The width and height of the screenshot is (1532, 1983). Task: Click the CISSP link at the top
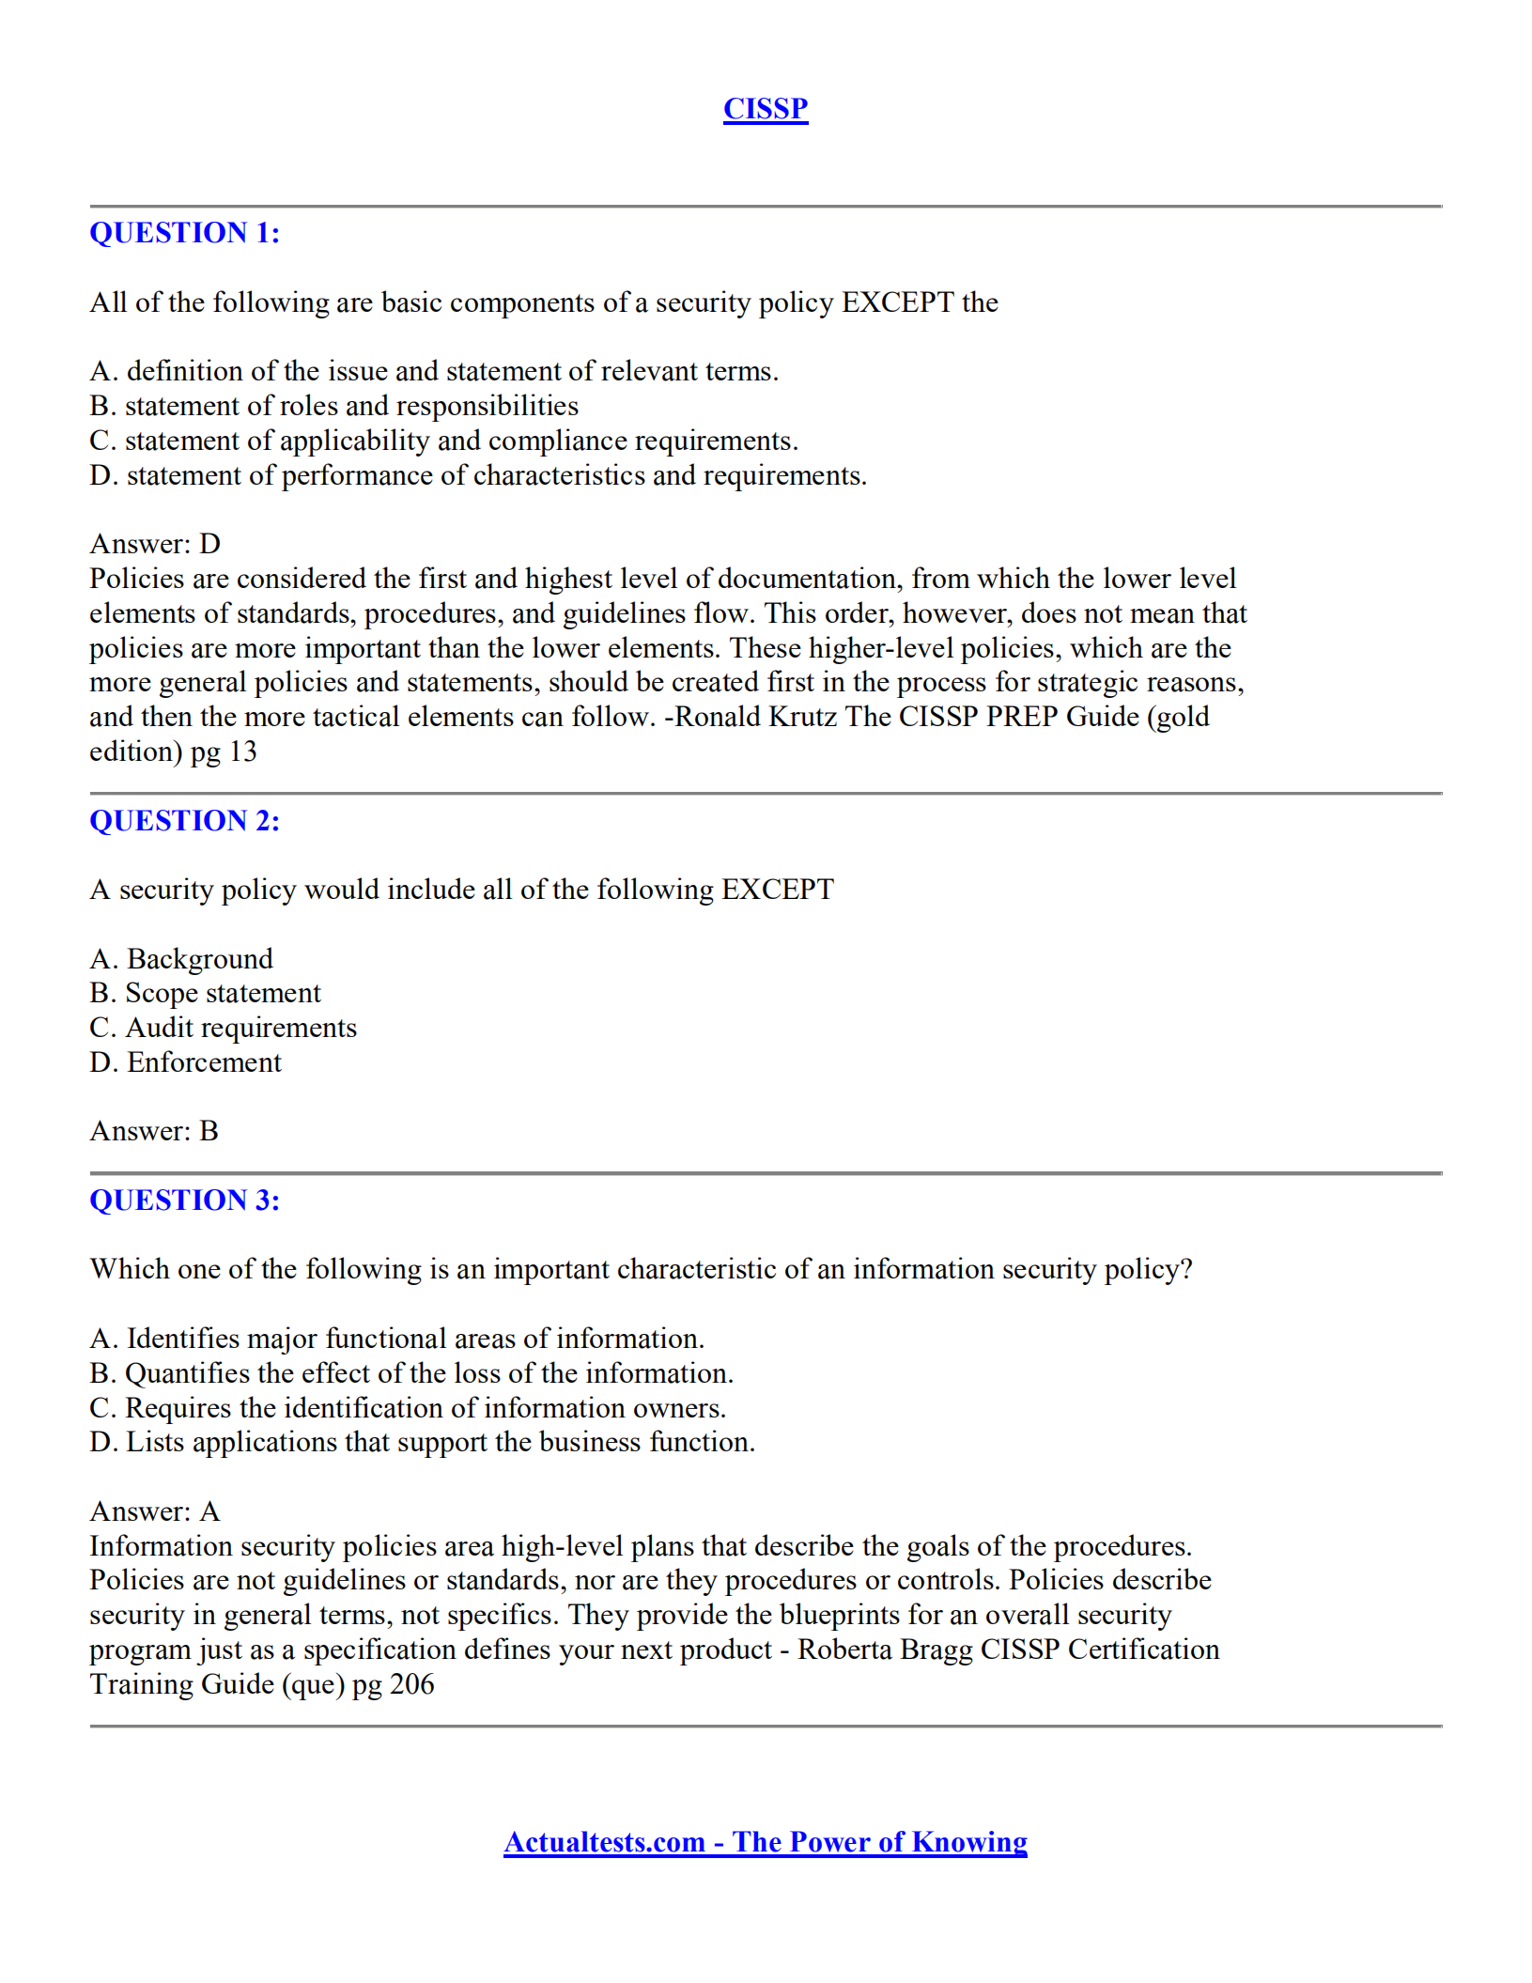pyautogui.click(x=765, y=109)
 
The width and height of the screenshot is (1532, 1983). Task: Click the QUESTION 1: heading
pyautogui.click(x=184, y=233)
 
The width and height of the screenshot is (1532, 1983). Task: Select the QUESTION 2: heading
pyautogui.click(x=184, y=821)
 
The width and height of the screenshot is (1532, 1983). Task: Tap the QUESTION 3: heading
pyautogui.click(x=184, y=1201)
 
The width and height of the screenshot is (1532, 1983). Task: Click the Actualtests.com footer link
pyautogui.click(x=765, y=1842)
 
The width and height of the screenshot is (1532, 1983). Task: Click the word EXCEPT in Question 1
pyautogui.click(x=897, y=302)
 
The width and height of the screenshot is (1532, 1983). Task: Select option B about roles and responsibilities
pyautogui.click(x=333, y=406)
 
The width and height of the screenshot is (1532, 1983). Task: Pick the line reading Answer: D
pyautogui.click(x=155, y=544)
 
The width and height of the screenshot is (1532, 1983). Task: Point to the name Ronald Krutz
pyautogui.click(x=756, y=717)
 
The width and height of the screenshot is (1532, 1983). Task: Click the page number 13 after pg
pyautogui.click(x=242, y=751)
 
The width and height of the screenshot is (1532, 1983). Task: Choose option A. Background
pyautogui.click(x=181, y=959)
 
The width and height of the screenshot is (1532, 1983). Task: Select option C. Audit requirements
pyautogui.click(x=223, y=1028)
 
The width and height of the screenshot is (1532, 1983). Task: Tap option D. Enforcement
pyautogui.click(x=185, y=1062)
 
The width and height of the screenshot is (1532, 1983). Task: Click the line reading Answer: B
pyautogui.click(x=154, y=1131)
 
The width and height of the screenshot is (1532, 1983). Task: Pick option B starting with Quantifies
pyautogui.click(x=410, y=1373)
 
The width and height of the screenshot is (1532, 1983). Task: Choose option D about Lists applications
pyautogui.click(x=422, y=1442)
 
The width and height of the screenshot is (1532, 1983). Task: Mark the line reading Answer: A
pyautogui.click(x=154, y=1511)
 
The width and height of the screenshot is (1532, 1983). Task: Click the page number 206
pyautogui.click(x=411, y=1684)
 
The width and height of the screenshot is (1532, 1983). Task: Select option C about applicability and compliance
pyautogui.click(x=443, y=441)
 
